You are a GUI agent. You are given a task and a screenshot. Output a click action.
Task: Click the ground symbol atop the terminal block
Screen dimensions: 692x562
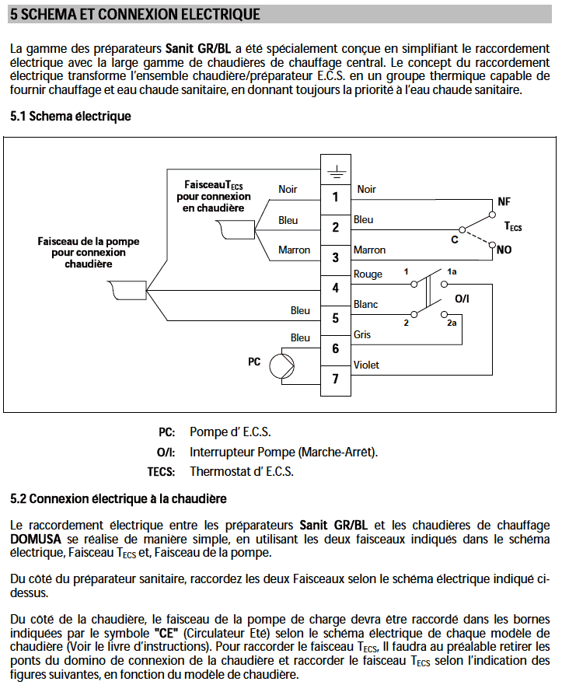coord(336,172)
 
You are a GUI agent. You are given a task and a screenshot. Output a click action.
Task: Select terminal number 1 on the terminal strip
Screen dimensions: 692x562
coord(336,197)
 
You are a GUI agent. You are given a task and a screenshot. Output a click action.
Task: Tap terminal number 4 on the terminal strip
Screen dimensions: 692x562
coord(336,288)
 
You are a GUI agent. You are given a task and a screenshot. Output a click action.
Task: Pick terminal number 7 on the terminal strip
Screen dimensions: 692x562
coord(336,379)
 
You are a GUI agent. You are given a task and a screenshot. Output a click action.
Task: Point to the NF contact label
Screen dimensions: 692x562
coord(504,201)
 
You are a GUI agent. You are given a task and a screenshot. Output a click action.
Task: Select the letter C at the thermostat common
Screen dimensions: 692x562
coord(455,240)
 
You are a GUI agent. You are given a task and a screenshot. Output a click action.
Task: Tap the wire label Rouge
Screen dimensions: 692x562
coord(368,274)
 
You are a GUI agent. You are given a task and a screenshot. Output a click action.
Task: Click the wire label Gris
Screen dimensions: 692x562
coord(362,334)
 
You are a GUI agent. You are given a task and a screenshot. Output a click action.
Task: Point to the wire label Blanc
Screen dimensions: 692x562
coord(365,304)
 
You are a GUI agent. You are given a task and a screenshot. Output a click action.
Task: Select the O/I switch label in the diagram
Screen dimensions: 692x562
coord(462,299)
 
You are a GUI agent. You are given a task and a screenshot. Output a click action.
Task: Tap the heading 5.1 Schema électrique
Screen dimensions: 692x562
coord(71,116)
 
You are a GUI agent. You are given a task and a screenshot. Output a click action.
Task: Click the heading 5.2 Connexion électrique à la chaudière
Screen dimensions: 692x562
coord(118,498)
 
